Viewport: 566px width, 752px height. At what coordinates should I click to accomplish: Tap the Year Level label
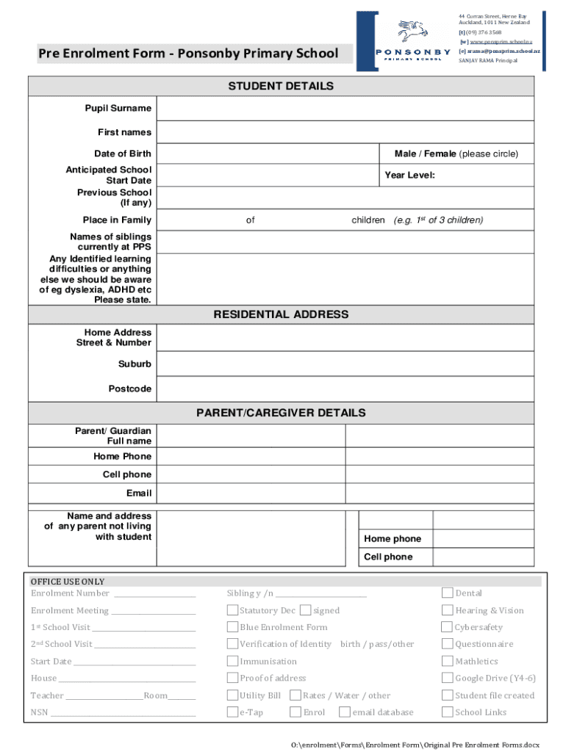click(x=409, y=176)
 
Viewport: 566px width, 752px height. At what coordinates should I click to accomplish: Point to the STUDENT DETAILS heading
click(x=281, y=86)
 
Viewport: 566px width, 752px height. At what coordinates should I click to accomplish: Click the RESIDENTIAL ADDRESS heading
click(x=281, y=314)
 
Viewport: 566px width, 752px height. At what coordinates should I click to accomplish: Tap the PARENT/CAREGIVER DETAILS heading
click(x=281, y=413)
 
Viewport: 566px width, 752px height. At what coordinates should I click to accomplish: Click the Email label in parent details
click(x=139, y=493)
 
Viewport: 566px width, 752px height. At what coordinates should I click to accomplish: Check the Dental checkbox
click(x=447, y=593)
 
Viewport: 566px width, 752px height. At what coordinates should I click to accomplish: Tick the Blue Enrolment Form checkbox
click(x=232, y=627)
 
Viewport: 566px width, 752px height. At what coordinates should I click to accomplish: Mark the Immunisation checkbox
click(x=232, y=661)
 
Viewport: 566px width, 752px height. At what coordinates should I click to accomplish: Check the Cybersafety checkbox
click(x=447, y=627)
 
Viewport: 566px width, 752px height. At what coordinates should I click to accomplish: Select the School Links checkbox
click(x=447, y=712)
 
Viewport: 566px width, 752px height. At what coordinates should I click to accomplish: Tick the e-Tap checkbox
click(x=232, y=712)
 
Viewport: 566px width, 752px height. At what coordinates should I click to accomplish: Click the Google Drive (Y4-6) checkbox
click(x=447, y=678)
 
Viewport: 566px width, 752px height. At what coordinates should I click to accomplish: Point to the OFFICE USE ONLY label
click(x=68, y=582)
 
